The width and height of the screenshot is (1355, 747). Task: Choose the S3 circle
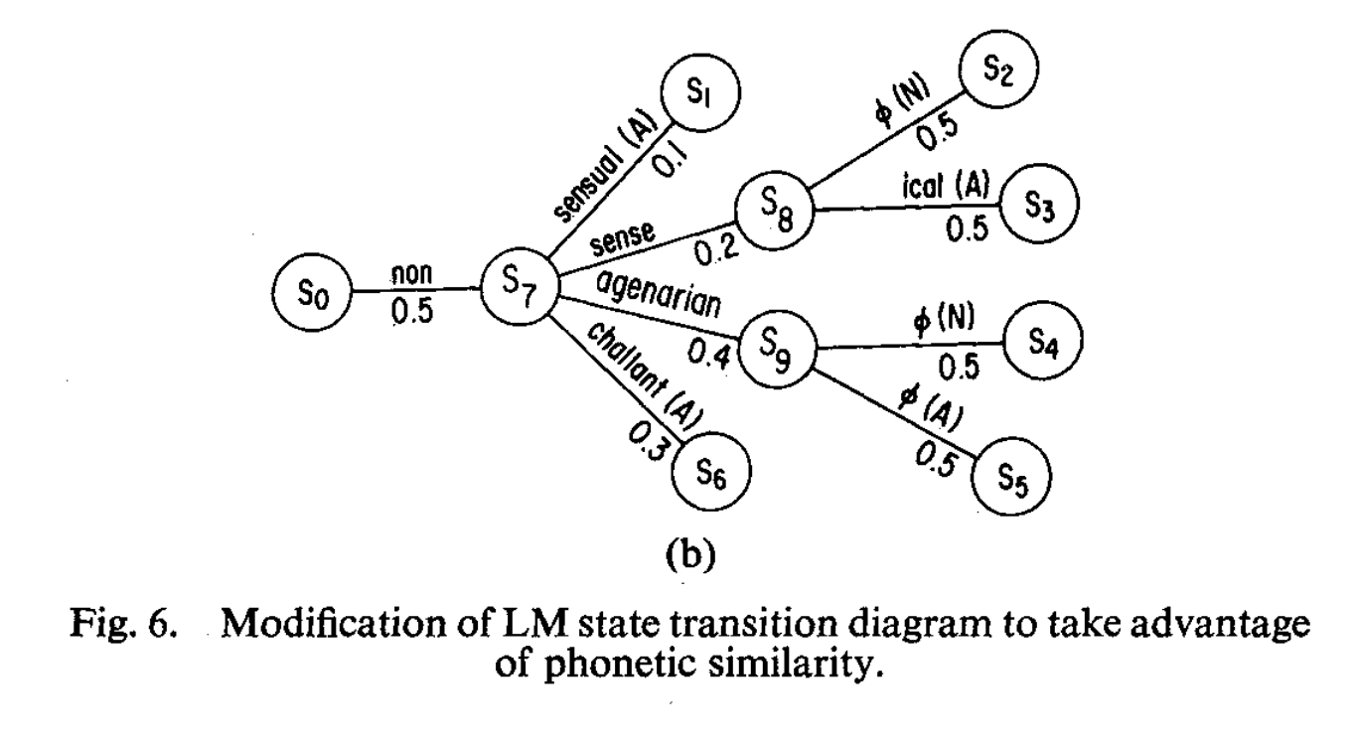coord(1038,207)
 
